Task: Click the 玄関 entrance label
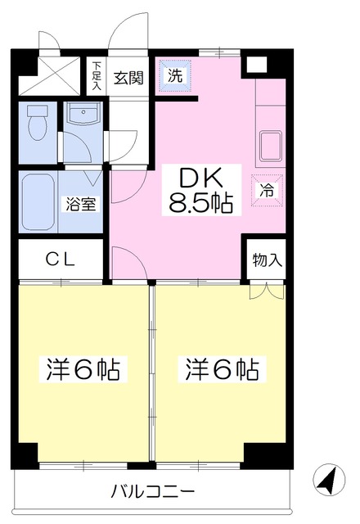(128, 78)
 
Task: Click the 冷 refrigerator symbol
(266, 190)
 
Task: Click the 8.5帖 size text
(200, 203)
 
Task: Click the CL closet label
(61, 261)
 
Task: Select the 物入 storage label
(267, 260)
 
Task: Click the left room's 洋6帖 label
(82, 369)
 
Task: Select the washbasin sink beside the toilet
(82, 116)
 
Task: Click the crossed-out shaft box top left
(52, 72)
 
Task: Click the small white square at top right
(258, 65)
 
